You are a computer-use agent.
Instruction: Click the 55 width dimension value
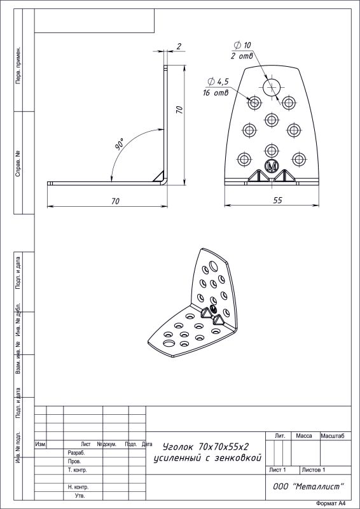[277, 200]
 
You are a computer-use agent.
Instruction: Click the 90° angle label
[120, 144]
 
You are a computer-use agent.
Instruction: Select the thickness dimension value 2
[179, 46]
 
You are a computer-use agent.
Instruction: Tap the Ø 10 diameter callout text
[242, 45]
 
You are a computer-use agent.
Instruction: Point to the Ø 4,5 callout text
[218, 82]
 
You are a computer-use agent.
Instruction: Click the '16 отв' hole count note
[216, 93]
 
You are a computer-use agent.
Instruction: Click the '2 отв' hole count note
[242, 56]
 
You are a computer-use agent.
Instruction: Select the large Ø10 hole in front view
[272, 87]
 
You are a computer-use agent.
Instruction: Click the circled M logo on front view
[272, 166]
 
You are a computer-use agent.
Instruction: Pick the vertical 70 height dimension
[179, 109]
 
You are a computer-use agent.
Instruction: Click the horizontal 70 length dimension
[115, 201]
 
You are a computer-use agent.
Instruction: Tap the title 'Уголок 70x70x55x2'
[206, 447]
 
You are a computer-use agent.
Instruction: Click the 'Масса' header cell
[304, 436]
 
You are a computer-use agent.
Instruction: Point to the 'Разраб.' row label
[76, 452]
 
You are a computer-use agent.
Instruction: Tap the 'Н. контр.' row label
[78, 487]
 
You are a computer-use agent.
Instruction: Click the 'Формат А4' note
[330, 503]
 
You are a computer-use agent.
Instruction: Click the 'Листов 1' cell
[314, 470]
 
